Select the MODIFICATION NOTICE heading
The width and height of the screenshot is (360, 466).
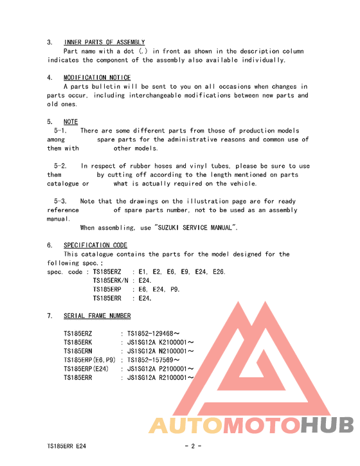click(97, 78)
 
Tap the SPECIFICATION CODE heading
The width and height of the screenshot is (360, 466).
click(95, 245)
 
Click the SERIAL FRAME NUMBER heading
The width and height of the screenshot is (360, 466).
click(97, 316)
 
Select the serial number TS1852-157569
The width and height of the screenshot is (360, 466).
click(153, 360)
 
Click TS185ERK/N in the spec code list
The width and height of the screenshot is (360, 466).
click(111, 281)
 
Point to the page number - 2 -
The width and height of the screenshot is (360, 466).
click(193, 446)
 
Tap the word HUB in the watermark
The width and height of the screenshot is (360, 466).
click(327, 425)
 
